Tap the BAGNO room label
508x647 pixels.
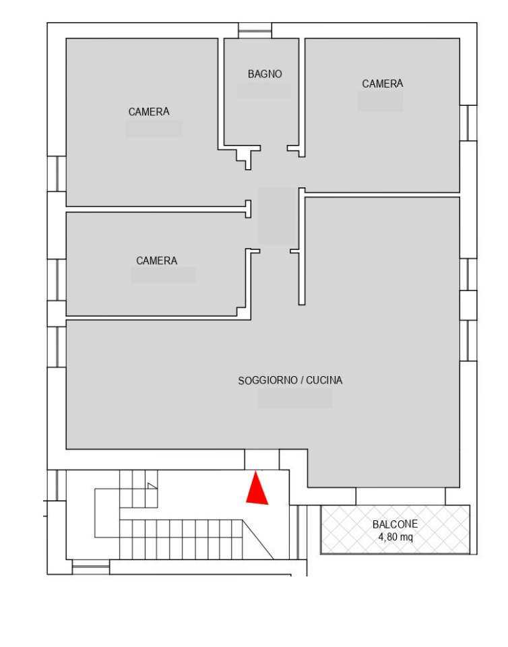[265, 74]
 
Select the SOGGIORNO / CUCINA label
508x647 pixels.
[290, 380]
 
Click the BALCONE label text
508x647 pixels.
[395, 524]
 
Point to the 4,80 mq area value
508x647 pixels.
[395, 537]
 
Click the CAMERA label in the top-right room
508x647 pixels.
[382, 84]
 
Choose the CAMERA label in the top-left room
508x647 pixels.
[149, 111]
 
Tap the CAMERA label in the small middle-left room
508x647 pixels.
[157, 261]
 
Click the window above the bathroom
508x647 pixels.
[255, 30]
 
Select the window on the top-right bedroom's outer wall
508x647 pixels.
[468, 123]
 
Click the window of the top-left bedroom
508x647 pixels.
[57, 174]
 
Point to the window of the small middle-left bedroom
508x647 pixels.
[57, 280]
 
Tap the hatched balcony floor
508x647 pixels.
[395, 530]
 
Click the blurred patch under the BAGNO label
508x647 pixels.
[264, 91]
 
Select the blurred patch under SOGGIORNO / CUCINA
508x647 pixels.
[295, 398]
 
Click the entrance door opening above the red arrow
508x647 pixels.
[262, 459]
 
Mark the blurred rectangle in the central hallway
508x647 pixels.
[277, 216]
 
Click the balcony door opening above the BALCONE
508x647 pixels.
[400, 497]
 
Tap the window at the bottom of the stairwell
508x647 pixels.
[91, 567]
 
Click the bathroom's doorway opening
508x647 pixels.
[274, 148]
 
